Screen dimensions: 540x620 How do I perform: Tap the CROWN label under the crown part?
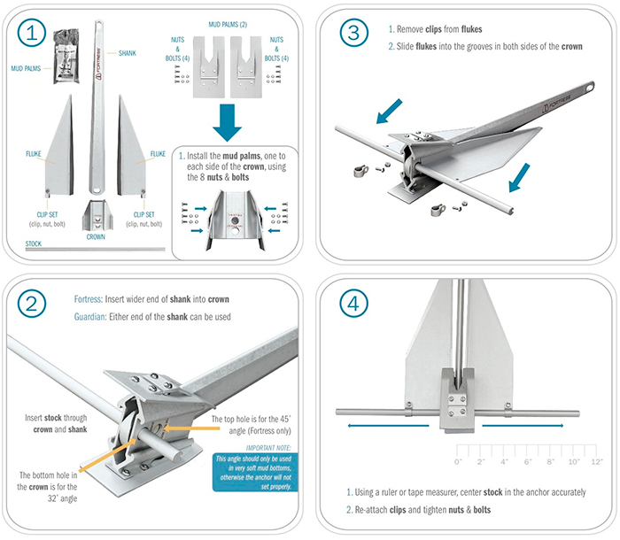point(97,237)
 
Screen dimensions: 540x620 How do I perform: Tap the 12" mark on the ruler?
point(596,462)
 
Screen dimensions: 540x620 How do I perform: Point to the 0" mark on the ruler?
point(458,462)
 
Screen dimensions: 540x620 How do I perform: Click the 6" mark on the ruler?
point(527,462)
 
